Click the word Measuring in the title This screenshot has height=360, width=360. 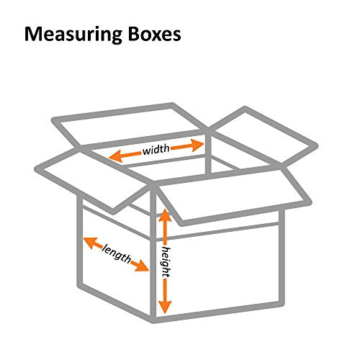point(73,35)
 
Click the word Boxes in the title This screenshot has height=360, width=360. point(155,35)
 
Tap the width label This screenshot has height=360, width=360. point(156,150)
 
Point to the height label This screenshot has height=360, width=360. point(166,261)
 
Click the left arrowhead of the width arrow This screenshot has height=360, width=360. point(116,156)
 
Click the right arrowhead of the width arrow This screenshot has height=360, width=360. point(197,145)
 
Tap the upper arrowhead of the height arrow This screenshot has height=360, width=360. point(165,215)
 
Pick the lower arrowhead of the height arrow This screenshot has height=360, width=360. point(165,307)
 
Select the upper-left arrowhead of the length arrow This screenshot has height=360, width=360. point(90,242)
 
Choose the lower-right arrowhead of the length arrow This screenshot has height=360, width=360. point(142,266)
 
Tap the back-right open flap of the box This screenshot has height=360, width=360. point(264,137)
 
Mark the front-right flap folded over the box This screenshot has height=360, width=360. point(232,197)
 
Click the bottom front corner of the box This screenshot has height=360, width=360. point(153,320)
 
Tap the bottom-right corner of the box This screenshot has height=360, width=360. point(282,304)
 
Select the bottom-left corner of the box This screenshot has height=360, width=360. point(80,286)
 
